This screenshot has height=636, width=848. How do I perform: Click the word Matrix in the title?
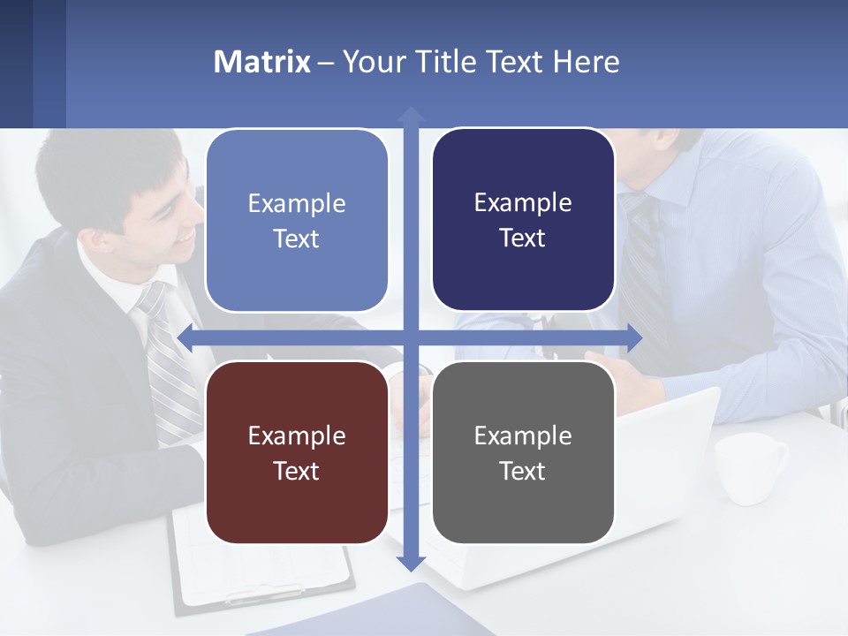(261, 62)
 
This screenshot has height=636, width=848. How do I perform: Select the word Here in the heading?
(587, 62)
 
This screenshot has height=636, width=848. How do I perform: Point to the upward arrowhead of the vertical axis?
(411, 115)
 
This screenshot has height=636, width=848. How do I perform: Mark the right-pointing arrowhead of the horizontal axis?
(634, 337)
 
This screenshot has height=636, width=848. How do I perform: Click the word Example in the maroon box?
(297, 435)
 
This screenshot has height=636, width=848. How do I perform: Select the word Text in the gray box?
(523, 471)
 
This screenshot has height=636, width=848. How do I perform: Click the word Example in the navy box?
(523, 203)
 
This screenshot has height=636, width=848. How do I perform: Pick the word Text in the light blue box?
(297, 238)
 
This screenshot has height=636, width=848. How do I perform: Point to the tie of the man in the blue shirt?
(640, 265)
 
